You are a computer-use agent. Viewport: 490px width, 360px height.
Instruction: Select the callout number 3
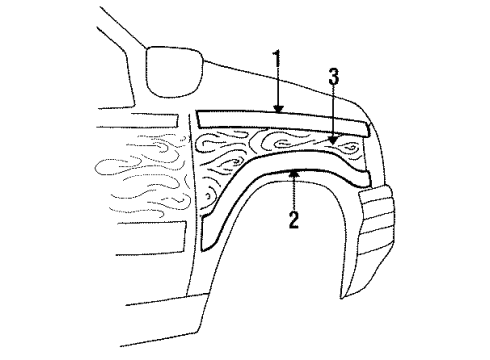coord(335,77)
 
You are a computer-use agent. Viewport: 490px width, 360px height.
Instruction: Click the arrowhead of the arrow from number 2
coord(293,172)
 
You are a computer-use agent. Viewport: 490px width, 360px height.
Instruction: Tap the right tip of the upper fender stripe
coord(368,127)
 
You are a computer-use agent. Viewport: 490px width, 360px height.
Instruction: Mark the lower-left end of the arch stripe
coord(207,242)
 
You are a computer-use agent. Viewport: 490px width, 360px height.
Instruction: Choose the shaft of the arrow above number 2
coord(293,192)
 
